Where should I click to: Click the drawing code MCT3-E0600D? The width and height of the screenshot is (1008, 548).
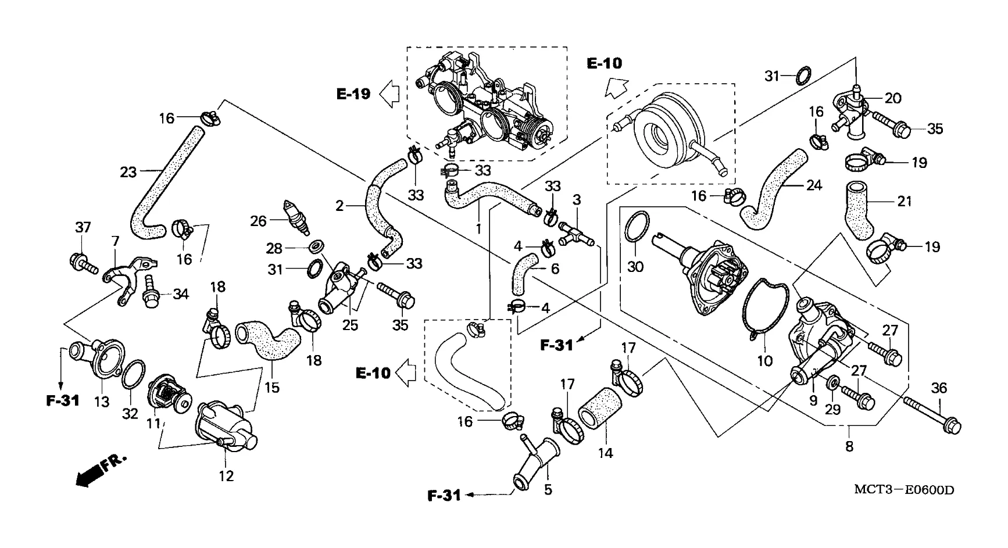click(904, 490)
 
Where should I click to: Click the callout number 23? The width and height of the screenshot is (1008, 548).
click(128, 172)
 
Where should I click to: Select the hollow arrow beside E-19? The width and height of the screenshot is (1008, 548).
click(389, 93)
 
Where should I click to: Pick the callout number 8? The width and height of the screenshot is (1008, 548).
click(849, 447)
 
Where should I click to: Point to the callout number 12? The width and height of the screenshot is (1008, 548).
click(226, 476)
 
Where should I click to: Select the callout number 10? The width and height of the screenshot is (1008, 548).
click(764, 360)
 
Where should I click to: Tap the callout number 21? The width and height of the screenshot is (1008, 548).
click(904, 202)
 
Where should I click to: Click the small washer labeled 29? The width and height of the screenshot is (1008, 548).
click(832, 382)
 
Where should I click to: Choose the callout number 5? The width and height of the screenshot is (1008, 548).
click(548, 490)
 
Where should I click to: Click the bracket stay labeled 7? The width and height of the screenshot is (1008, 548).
click(124, 278)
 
